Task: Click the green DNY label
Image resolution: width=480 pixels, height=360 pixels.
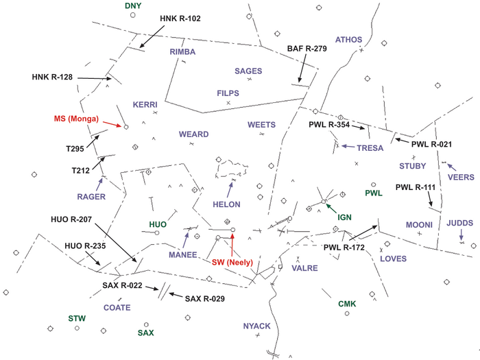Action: point(132,5)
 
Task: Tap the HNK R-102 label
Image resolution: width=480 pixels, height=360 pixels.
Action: point(180,19)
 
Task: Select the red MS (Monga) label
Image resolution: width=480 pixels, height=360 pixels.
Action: point(77,119)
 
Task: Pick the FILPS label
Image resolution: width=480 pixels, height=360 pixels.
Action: point(228,92)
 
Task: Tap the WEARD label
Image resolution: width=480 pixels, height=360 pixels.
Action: point(193,134)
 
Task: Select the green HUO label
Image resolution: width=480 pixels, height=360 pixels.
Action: point(158,224)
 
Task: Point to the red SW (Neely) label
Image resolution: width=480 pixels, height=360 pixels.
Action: point(234,263)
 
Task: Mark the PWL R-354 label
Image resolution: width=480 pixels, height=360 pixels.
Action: point(329,125)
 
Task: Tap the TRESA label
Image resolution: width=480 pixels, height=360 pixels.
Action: point(370,147)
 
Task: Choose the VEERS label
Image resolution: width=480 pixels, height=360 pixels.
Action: point(461,176)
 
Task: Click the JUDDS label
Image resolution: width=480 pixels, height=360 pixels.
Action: point(460,222)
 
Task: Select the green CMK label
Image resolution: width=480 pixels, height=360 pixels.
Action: point(348,304)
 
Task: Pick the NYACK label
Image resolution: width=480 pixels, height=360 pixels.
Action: point(257,326)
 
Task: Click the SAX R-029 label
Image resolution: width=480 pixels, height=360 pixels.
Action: point(205,298)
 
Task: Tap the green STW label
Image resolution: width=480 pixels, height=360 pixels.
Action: point(77,318)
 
